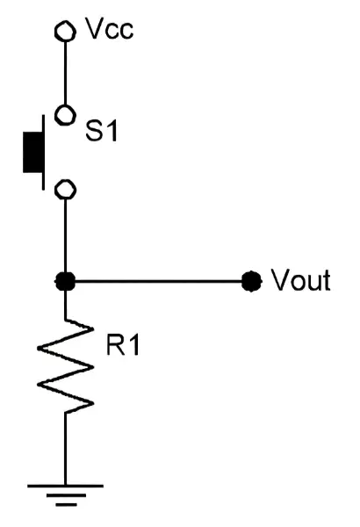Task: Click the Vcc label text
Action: click(110, 29)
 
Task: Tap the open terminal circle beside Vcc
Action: click(65, 32)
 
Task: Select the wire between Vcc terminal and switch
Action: click(65, 73)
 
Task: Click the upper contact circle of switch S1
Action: click(65, 115)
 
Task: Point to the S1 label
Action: click(102, 131)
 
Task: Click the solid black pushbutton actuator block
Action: click(33, 152)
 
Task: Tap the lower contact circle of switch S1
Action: click(65, 190)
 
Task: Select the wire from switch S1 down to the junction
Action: click(65, 236)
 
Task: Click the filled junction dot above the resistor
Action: click(65, 281)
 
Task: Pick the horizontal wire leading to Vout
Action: click(158, 281)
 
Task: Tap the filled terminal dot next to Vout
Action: click(251, 281)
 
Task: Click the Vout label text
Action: click(301, 280)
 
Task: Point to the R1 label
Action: click(123, 345)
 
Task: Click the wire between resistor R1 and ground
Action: click(65, 449)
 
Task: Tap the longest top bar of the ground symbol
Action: click(65, 486)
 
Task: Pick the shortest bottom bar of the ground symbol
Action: click(66, 504)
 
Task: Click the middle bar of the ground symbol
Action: click(66, 495)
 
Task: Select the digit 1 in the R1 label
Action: click(133, 345)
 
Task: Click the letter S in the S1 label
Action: click(94, 131)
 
